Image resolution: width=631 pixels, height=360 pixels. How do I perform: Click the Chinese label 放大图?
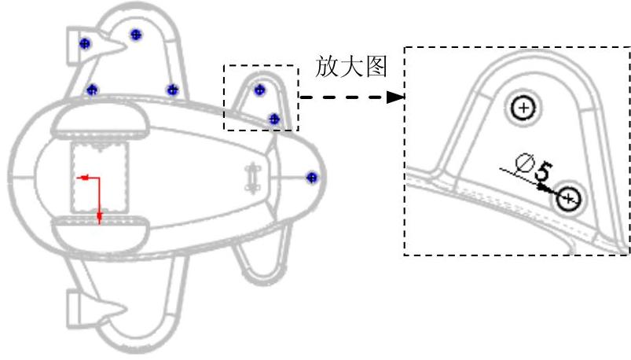(351, 66)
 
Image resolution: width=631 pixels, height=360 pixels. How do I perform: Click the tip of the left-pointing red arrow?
(76, 178)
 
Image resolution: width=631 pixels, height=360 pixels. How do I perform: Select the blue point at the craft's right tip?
(312, 178)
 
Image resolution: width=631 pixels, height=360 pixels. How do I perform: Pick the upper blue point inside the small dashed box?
(259, 90)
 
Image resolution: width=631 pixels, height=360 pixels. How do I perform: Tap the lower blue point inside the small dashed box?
(274, 119)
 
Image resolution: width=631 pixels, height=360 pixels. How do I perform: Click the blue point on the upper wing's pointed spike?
(86, 43)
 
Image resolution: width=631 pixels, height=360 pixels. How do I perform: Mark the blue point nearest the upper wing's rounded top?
(136, 35)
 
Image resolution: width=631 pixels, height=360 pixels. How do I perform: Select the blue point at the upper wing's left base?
(92, 90)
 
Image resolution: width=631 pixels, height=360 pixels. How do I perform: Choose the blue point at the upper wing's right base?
(173, 90)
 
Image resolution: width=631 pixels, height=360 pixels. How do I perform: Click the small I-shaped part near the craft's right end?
(253, 178)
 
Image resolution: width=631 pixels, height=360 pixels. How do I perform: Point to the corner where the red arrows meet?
(99, 178)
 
